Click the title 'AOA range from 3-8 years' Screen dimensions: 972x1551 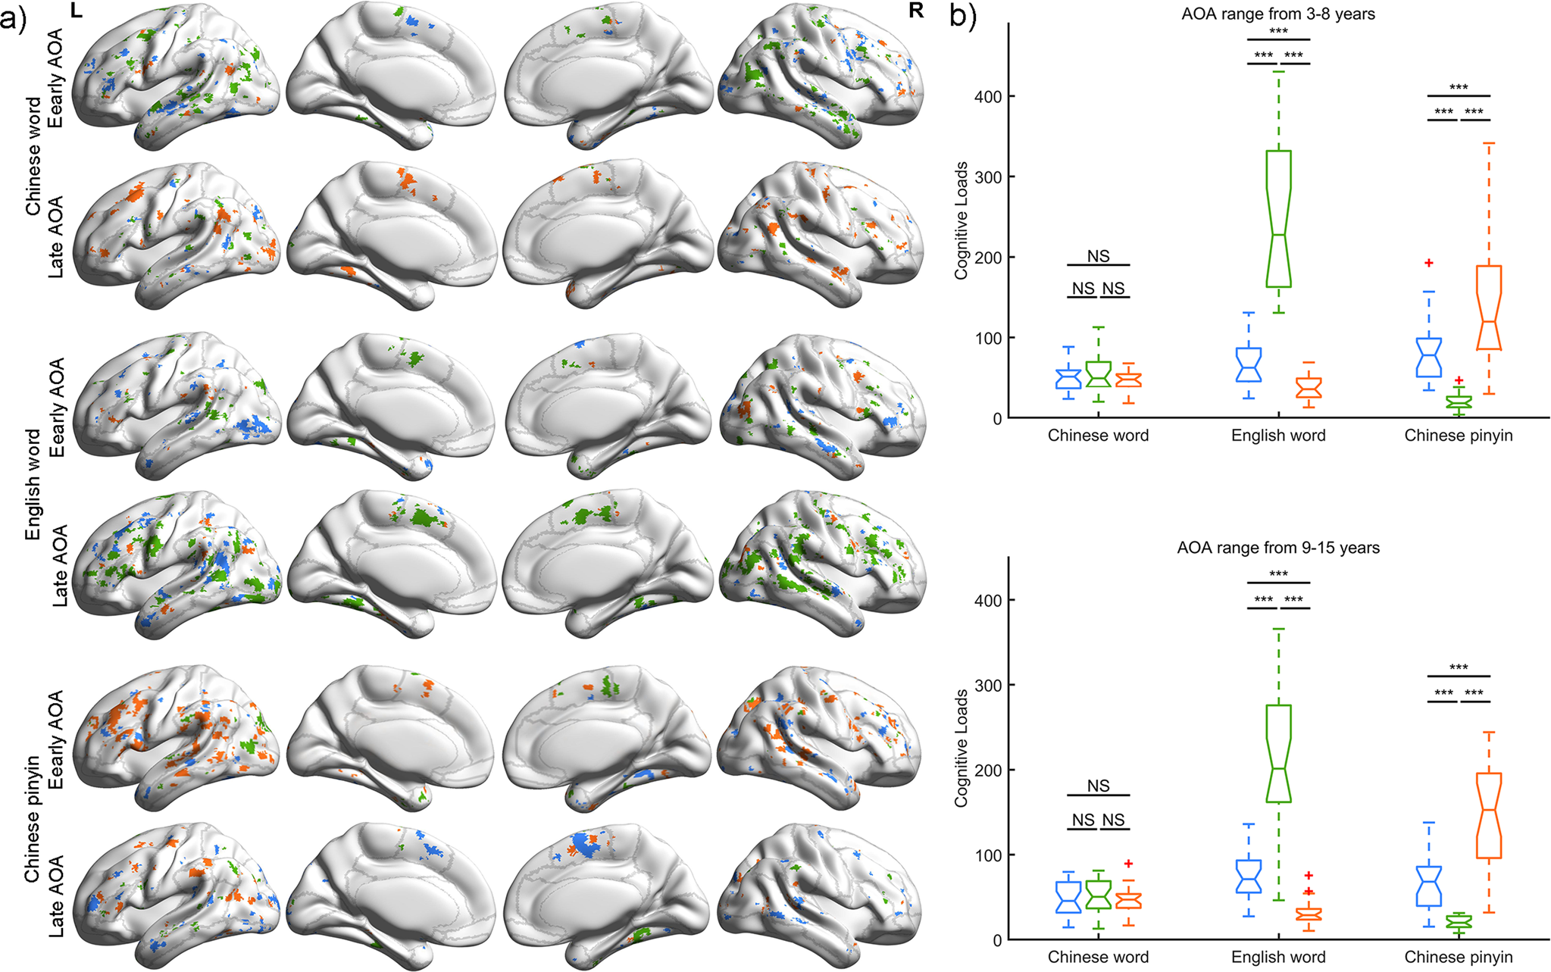click(1277, 14)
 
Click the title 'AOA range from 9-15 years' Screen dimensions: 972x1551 click(1277, 547)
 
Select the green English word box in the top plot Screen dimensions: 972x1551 click(1278, 218)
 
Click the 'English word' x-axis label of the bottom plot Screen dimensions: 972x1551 click(1277, 957)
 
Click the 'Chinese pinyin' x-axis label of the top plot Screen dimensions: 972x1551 click(1458, 436)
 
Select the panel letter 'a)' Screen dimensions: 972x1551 click(14, 17)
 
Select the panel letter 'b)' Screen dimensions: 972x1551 click(962, 15)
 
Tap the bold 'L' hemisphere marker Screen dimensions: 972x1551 click(76, 11)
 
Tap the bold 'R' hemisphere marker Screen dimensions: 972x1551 click(915, 11)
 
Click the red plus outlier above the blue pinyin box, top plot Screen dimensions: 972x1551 click(1429, 263)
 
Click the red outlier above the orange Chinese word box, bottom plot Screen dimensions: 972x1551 click(1128, 864)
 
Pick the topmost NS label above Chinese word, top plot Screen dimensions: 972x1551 click(1098, 256)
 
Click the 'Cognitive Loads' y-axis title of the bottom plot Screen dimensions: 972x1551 click(961, 748)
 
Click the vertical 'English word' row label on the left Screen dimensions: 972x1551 click(33, 485)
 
